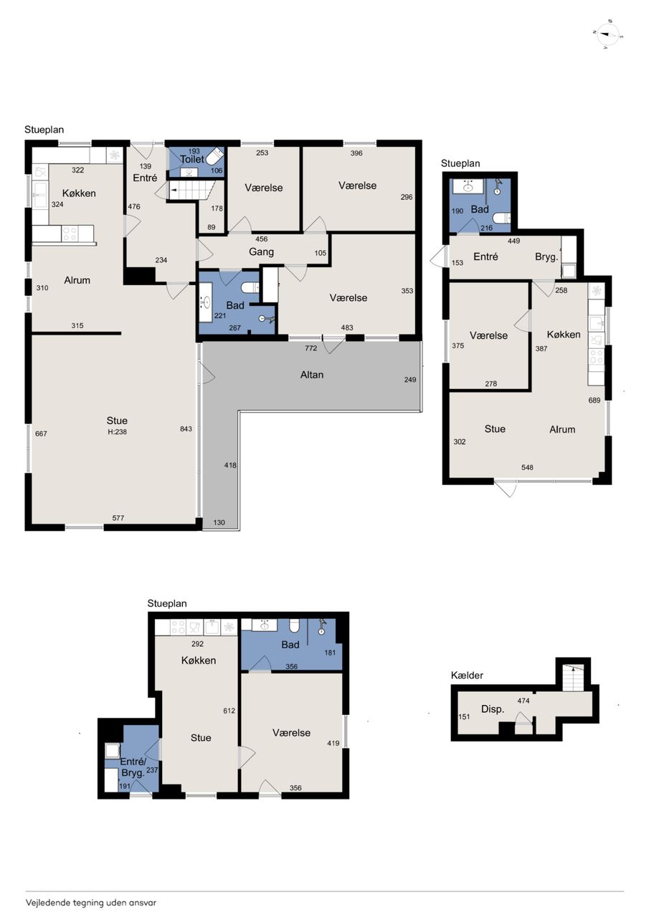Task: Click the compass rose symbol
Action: point(607,34)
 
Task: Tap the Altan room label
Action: point(312,375)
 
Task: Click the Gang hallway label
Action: point(262,251)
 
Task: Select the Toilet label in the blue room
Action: point(192,159)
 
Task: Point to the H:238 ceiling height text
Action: point(117,431)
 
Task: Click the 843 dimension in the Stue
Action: point(186,428)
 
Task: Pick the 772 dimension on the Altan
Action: point(311,348)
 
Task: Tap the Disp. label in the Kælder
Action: point(493,709)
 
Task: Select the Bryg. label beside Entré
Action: point(546,257)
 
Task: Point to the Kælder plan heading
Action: point(467,675)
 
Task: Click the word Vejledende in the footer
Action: point(48,902)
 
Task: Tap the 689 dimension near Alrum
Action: point(594,400)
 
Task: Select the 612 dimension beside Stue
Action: point(229,711)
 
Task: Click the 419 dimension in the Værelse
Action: point(333,743)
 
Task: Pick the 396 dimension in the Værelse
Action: point(356,153)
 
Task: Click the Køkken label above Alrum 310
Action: point(79,193)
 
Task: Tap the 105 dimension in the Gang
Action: point(321,253)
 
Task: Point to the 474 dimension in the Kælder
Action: point(524,701)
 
